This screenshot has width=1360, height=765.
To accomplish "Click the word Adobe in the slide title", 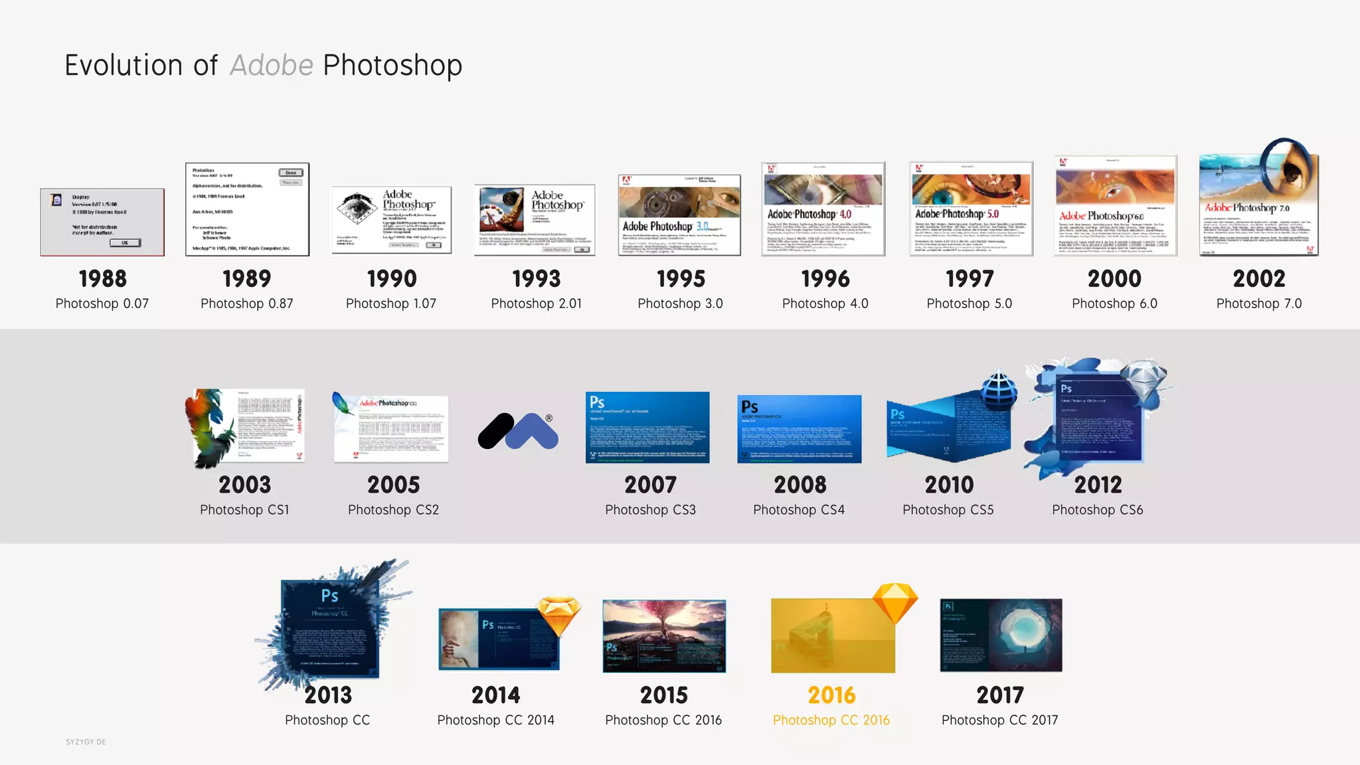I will point(271,65).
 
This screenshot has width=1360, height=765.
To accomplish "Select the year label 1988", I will point(102,279).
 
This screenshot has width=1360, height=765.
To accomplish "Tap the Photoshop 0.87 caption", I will point(246,303).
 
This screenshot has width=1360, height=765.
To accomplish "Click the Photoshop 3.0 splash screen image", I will point(679,214).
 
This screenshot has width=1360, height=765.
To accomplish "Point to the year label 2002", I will point(1259,279).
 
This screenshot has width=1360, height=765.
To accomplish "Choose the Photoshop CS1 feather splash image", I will point(244,427).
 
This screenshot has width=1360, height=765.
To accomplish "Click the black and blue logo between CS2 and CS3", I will point(519,431).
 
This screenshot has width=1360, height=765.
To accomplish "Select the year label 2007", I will point(650,485).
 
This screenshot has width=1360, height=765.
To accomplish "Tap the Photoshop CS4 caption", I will point(799,510).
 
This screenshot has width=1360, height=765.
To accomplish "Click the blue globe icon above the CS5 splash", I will point(999,388).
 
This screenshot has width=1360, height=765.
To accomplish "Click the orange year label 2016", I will point(831,695).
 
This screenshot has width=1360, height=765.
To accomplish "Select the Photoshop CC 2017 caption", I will point(999,720).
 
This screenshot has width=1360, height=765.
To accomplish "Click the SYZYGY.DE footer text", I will point(86,742).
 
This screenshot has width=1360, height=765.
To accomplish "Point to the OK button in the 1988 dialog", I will point(125,243).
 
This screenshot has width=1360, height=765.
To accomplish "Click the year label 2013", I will point(328,695).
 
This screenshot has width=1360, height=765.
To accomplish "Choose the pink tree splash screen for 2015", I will point(664,636).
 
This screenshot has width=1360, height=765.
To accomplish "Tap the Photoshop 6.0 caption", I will point(1114,303).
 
